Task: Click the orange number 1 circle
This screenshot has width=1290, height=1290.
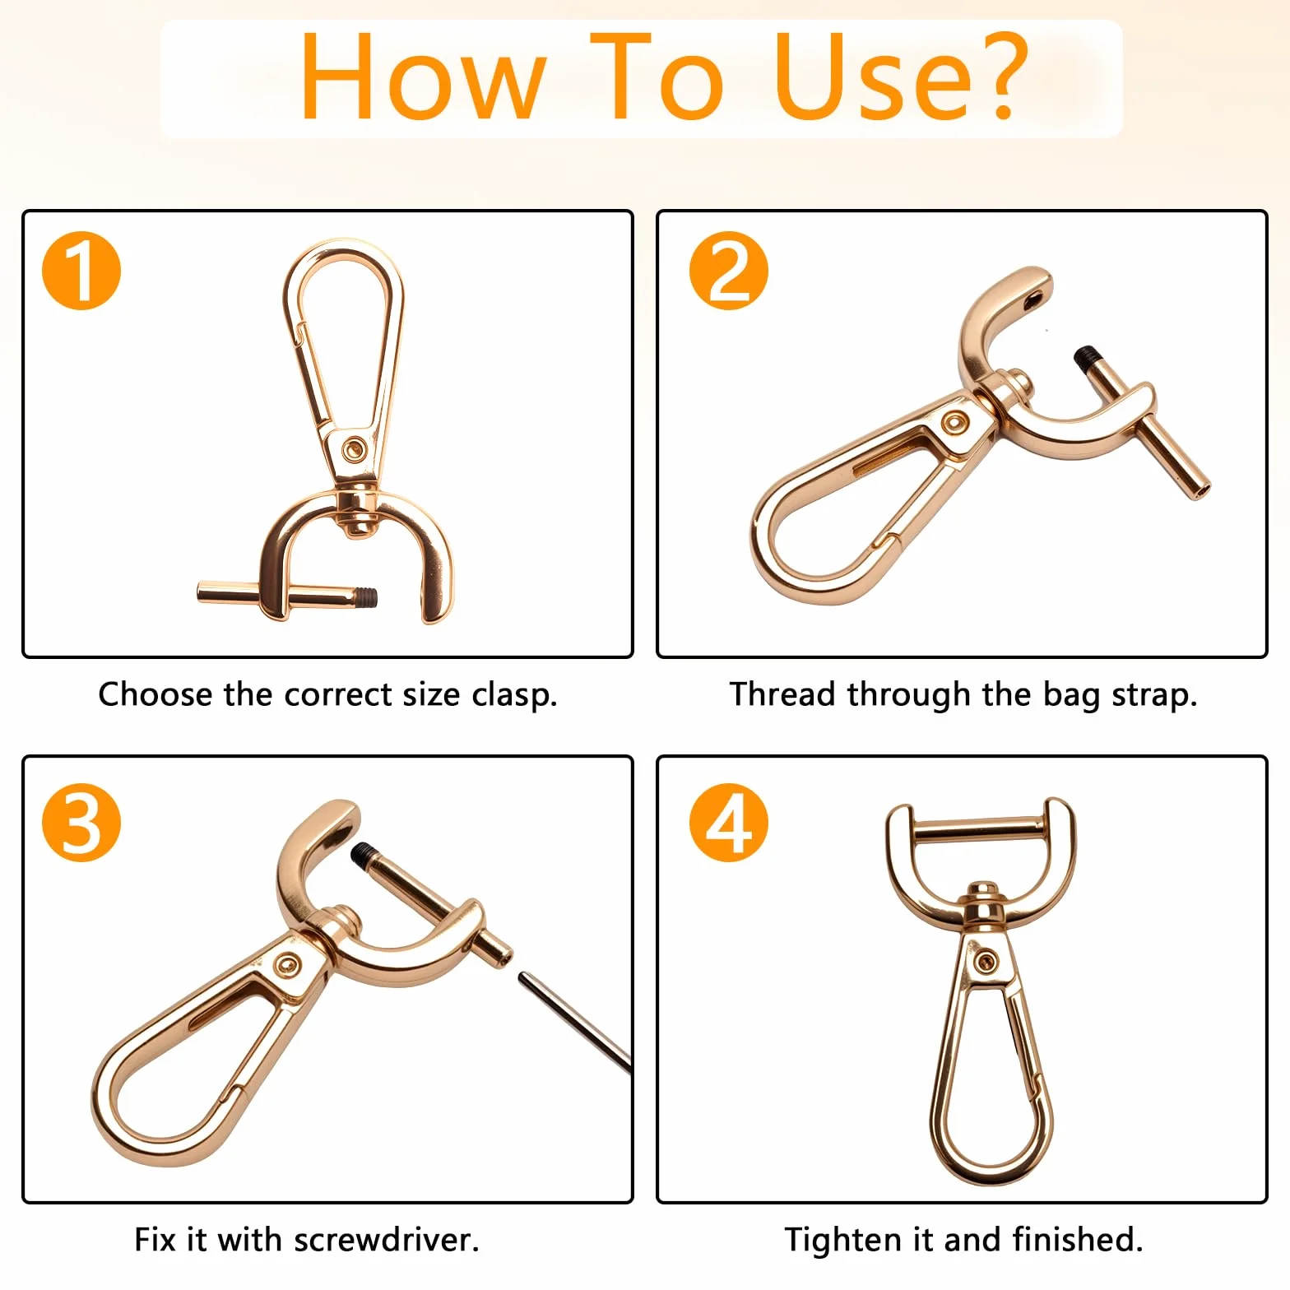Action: click(81, 271)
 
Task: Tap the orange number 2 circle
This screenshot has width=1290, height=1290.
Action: click(728, 271)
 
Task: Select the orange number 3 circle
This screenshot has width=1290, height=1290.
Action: click(81, 823)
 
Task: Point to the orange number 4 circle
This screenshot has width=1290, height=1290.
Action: click(728, 823)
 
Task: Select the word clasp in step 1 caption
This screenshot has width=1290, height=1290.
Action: click(513, 695)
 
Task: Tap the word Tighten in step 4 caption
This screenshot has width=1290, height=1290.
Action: click(844, 1240)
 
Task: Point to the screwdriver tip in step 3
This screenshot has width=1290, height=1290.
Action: click(522, 977)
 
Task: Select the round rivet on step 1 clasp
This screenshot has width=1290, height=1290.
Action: click(355, 449)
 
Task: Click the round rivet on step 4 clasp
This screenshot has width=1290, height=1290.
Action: click(984, 961)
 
